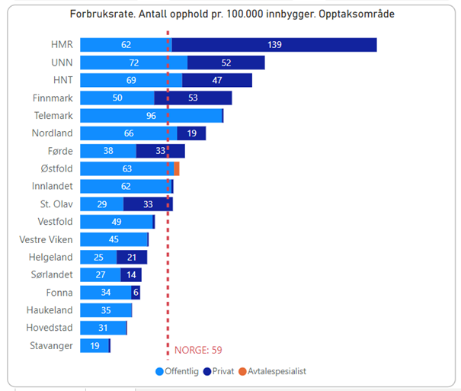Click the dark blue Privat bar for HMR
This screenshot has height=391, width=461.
(x=274, y=45)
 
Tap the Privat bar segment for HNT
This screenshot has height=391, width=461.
(x=217, y=80)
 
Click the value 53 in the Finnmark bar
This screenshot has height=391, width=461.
(x=193, y=98)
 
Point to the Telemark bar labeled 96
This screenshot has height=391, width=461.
(x=151, y=116)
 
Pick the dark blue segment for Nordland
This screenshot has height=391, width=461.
(x=191, y=133)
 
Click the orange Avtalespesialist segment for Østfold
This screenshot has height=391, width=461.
(x=177, y=168)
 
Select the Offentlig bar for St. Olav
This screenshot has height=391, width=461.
(x=101, y=204)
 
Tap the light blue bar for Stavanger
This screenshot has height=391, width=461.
(x=94, y=346)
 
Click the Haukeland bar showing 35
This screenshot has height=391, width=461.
(x=106, y=310)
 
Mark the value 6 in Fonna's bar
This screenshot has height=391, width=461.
(x=136, y=293)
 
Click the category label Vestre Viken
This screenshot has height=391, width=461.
(x=46, y=239)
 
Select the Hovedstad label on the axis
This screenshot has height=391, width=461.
(x=50, y=329)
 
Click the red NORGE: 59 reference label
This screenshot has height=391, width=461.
(x=198, y=351)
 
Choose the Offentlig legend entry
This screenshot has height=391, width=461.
(x=176, y=371)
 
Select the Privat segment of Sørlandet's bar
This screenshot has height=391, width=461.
(x=130, y=275)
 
